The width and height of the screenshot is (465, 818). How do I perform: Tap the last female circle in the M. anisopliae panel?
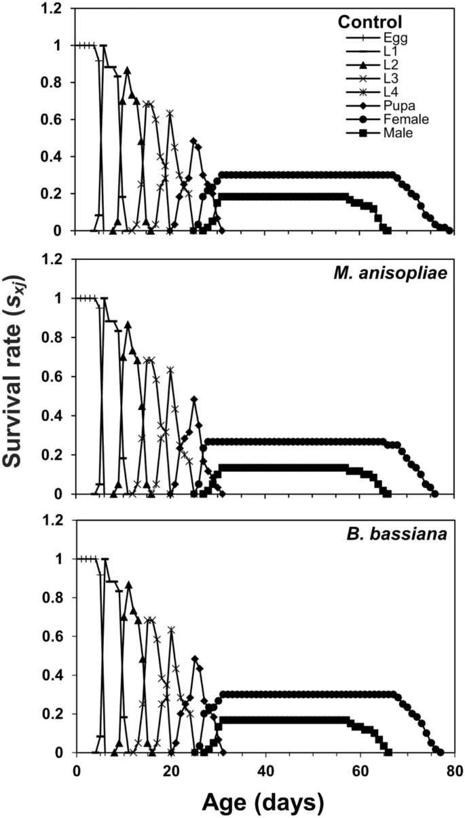tap(434, 494)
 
